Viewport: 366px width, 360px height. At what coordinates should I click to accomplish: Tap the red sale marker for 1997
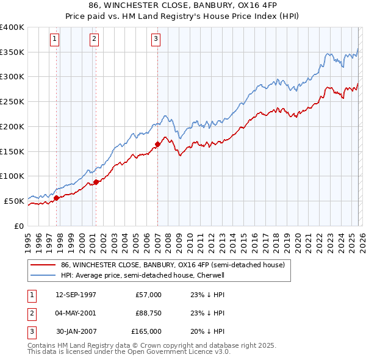(x=56, y=198)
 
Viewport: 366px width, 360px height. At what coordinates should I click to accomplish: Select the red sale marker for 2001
(x=96, y=182)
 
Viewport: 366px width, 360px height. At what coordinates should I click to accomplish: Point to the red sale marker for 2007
(x=157, y=144)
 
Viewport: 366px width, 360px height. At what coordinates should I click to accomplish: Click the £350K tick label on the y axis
(x=12, y=52)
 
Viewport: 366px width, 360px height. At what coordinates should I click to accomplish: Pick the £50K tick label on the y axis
(x=14, y=201)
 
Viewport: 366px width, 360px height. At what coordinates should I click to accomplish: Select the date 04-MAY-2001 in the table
(x=76, y=313)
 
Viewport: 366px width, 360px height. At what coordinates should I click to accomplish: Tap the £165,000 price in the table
(x=146, y=331)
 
